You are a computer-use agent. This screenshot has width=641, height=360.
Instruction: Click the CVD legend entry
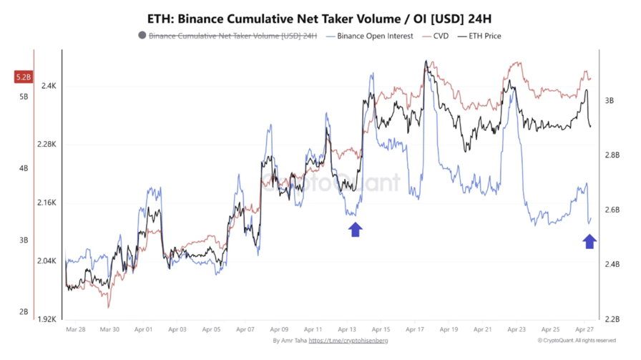click(x=436, y=36)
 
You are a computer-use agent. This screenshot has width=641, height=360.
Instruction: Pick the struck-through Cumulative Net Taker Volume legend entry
click(x=227, y=36)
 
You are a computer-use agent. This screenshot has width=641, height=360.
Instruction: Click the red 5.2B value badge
click(x=24, y=77)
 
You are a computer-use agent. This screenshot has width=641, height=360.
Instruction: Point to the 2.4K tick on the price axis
click(x=49, y=86)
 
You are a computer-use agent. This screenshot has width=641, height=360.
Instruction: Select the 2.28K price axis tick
click(x=47, y=145)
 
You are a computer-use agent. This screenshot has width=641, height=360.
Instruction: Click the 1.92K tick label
click(x=47, y=319)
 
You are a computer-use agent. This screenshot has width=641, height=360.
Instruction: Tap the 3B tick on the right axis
click(x=609, y=101)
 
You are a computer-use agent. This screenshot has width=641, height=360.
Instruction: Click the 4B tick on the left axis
click(x=24, y=168)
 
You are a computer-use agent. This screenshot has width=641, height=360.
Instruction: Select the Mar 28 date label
click(x=75, y=330)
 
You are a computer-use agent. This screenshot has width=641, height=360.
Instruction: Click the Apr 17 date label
click(x=414, y=330)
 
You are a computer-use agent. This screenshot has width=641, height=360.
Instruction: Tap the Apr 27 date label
click(x=584, y=330)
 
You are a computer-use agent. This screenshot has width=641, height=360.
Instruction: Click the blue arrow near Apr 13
click(x=355, y=229)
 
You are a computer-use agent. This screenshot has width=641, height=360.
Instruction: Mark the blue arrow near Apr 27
click(x=589, y=241)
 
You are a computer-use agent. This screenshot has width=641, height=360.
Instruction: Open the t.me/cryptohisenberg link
click(x=348, y=341)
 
